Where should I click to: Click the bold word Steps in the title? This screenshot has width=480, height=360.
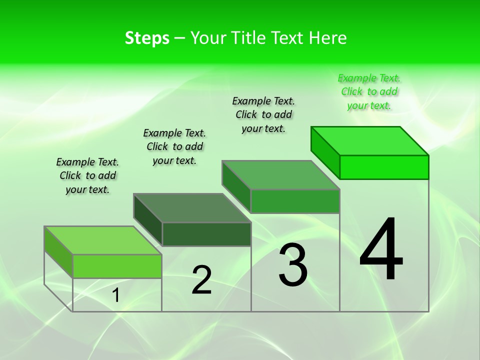[147, 38]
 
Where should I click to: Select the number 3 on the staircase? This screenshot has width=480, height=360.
[293, 265]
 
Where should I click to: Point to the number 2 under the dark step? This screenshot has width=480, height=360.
[202, 280]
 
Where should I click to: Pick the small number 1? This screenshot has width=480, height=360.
[116, 295]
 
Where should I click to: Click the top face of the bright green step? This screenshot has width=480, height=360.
[370, 141]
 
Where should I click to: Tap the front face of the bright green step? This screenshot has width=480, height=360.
[384, 167]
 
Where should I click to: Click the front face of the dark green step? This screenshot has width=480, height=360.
[206, 234]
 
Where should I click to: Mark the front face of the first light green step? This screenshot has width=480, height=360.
[117, 266]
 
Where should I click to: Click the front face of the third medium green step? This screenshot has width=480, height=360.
[295, 201]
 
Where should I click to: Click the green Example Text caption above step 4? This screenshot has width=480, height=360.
[369, 92]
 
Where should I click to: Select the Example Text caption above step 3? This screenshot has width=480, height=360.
[263, 114]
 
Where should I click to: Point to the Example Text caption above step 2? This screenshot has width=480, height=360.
[174, 146]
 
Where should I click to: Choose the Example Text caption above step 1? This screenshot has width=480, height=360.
[87, 175]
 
